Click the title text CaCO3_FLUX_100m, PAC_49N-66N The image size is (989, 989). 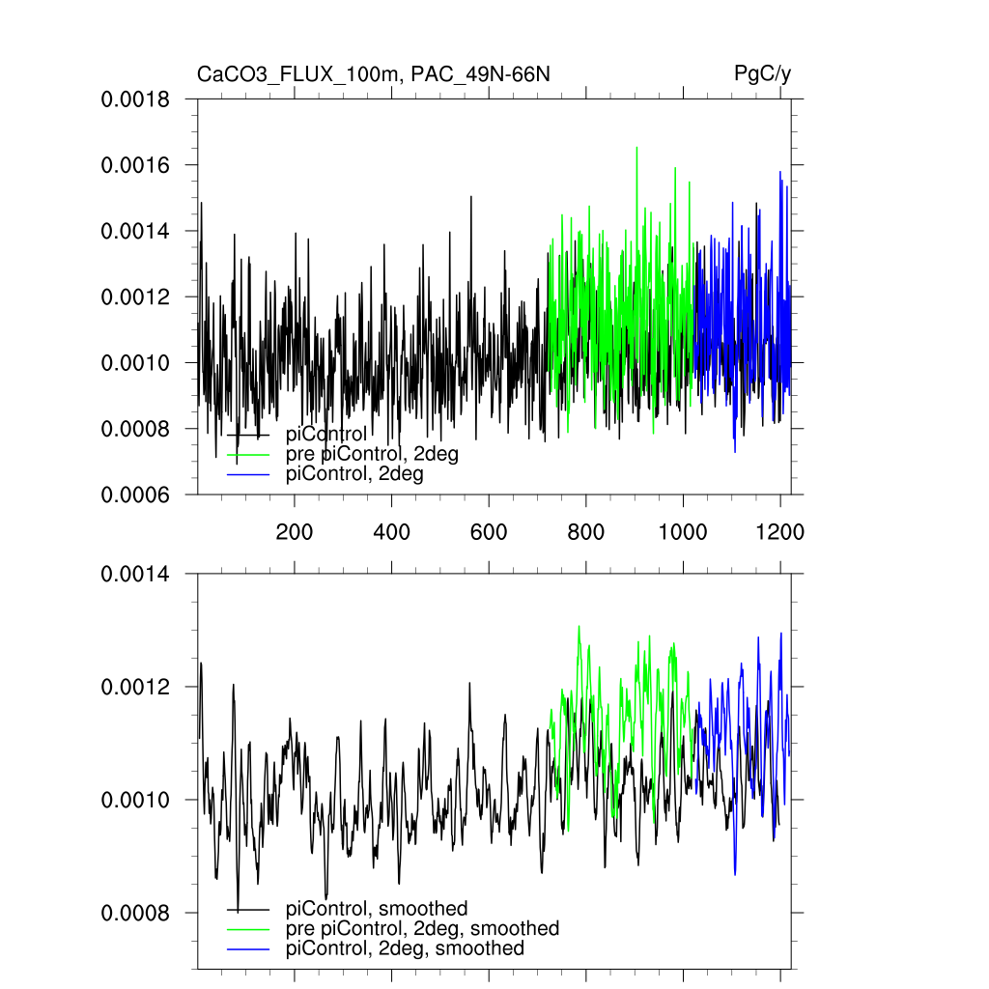[x=374, y=74]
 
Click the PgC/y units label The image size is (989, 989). [x=763, y=74]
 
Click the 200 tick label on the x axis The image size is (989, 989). [x=294, y=531]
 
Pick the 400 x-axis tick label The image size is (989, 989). [x=391, y=531]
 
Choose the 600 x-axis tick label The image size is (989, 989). [x=489, y=531]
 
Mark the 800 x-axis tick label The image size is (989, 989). [x=586, y=531]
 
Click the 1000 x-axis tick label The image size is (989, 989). [x=683, y=531]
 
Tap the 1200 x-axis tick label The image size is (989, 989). [x=780, y=531]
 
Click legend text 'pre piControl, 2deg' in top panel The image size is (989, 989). [x=372, y=454]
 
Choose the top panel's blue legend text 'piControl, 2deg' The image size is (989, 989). [x=355, y=474]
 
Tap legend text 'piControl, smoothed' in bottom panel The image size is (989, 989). [x=377, y=908]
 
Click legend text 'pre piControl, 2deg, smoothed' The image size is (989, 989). [x=423, y=928]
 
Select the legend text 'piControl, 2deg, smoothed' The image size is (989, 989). [x=406, y=948]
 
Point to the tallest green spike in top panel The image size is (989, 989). [x=636, y=148]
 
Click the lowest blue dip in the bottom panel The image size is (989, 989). [x=735, y=874]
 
